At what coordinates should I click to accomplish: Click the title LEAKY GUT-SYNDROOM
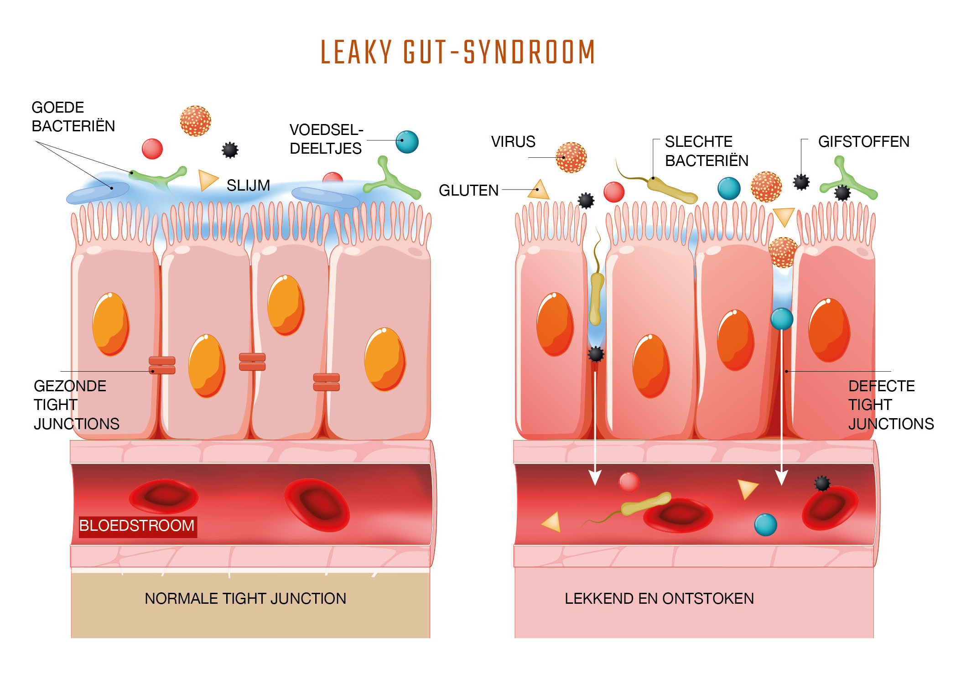pos(458,52)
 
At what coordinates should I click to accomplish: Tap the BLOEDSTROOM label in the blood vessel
pos(137,525)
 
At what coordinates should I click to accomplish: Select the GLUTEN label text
pos(468,190)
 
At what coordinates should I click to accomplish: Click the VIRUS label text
pos(513,142)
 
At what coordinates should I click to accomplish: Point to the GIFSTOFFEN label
pos(863,142)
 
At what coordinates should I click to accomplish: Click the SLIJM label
pos(248,185)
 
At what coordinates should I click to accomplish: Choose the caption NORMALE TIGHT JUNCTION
pos(245,598)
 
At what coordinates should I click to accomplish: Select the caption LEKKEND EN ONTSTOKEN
pos(659,598)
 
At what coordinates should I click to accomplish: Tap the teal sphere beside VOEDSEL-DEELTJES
pos(407,142)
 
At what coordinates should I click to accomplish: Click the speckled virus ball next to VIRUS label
pos(571,158)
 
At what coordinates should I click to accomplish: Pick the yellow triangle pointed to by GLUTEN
pos(539,190)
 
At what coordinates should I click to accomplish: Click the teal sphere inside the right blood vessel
pos(765,524)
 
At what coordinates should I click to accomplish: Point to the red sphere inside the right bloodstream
pos(629,482)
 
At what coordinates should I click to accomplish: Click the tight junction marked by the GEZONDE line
pos(162,365)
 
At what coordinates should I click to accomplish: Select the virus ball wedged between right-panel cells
pos(783,252)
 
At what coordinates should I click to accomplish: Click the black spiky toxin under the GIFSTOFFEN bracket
pos(801,182)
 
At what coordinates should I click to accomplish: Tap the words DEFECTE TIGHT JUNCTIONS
pos(890,405)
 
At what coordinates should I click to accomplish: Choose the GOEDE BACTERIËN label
pos(73,117)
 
